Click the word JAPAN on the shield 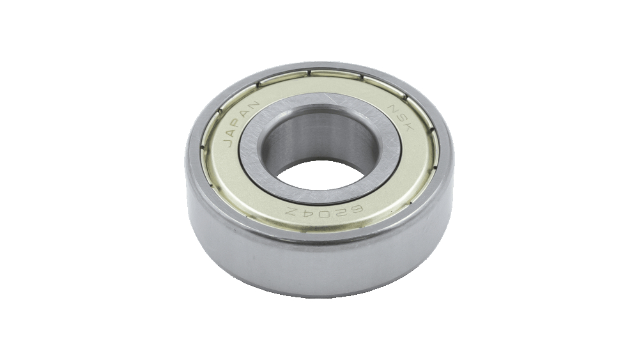(240, 123)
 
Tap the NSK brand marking (400, 118)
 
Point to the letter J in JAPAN (228, 143)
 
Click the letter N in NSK (393, 109)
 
